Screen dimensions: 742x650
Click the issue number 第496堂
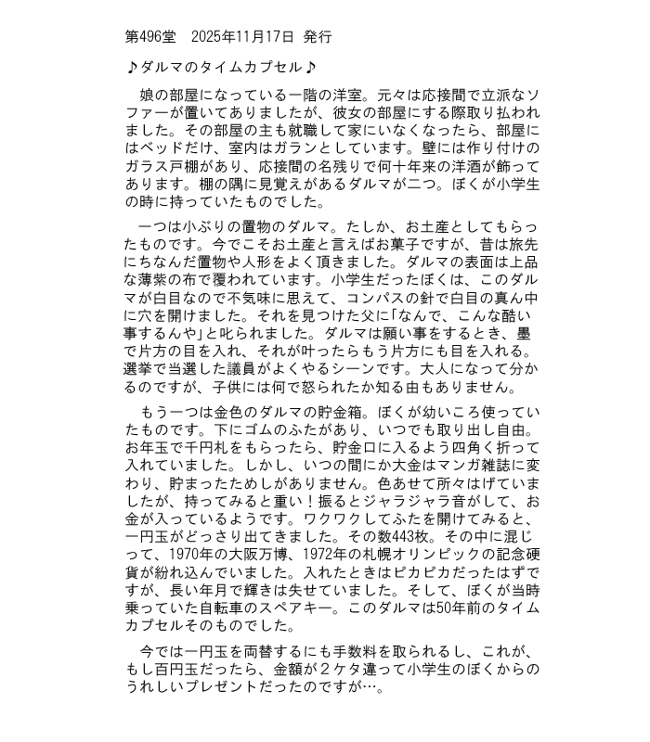pos(149,37)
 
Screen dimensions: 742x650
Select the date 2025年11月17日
pos(242,37)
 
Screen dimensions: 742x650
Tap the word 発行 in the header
pos(318,37)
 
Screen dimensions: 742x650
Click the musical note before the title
pos(132,68)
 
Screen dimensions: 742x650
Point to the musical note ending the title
pos(310,68)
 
